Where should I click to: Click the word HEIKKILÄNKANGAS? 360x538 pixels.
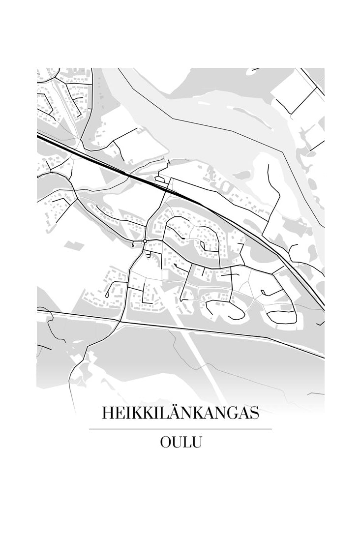pos(180,413)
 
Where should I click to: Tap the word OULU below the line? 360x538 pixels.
pos(180,442)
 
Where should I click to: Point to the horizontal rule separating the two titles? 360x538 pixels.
pos(180,429)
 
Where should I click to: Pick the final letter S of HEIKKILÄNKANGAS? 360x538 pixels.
pos(254,413)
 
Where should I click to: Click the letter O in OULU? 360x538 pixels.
pos(166,442)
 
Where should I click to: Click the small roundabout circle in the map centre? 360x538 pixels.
pos(145,240)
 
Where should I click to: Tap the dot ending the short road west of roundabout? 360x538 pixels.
pos(133,244)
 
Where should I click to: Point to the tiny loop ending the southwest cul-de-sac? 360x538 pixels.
pos(107,296)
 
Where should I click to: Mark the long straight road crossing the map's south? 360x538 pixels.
pos(197,330)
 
